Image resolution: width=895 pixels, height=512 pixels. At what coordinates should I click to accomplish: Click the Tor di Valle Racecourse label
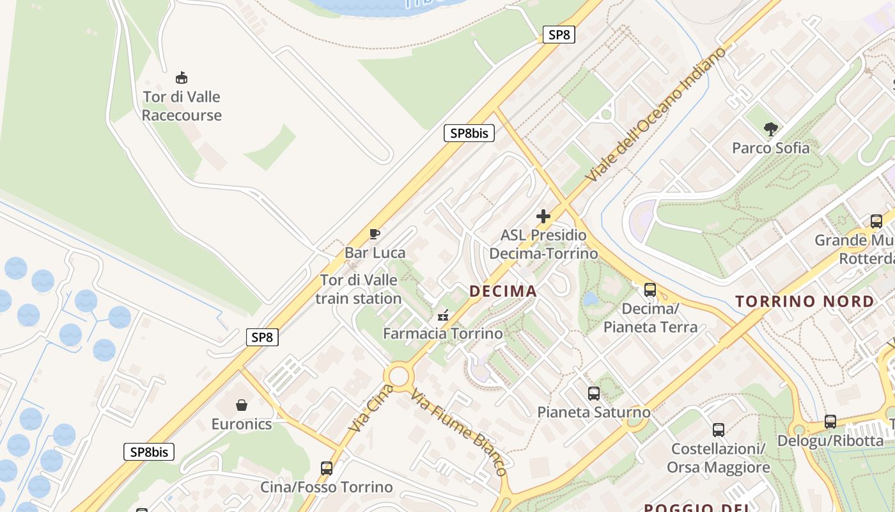pyautogui.click(x=182, y=106)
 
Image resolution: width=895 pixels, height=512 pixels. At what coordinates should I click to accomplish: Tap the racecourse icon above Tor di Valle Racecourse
pyautogui.click(x=182, y=78)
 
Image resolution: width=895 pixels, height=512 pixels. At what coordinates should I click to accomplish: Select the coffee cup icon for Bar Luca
pyautogui.click(x=375, y=234)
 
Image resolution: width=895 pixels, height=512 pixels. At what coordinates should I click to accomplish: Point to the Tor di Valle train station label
pyautogui.click(x=359, y=289)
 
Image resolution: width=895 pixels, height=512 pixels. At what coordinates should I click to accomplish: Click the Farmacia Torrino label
pyautogui.click(x=442, y=333)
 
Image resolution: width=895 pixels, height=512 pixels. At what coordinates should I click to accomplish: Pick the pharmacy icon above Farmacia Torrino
pyautogui.click(x=442, y=315)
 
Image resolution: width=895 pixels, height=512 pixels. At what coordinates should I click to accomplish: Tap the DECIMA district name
pyautogui.click(x=503, y=291)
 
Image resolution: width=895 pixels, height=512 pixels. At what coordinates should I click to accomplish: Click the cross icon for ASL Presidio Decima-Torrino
pyautogui.click(x=543, y=216)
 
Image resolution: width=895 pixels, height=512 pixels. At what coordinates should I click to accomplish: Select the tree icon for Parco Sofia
pyautogui.click(x=770, y=129)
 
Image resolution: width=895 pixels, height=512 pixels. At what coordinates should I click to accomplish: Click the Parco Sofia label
pyautogui.click(x=770, y=148)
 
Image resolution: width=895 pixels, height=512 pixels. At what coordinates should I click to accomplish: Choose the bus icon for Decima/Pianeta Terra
pyautogui.click(x=650, y=290)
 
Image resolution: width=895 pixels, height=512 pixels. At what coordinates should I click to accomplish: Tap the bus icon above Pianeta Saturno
pyautogui.click(x=594, y=394)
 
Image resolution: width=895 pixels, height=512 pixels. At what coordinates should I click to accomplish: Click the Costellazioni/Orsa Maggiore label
pyautogui.click(x=718, y=458)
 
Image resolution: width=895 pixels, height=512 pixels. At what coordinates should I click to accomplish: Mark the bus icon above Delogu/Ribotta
pyautogui.click(x=830, y=422)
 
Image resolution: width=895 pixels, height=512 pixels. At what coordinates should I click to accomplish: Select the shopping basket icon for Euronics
pyautogui.click(x=242, y=405)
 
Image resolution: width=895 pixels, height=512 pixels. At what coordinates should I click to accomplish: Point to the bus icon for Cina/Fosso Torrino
pyautogui.click(x=327, y=468)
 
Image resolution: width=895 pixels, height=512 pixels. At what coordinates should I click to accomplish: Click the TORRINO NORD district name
pyautogui.click(x=804, y=301)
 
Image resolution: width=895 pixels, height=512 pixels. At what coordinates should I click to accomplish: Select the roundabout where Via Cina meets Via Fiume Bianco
pyautogui.click(x=398, y=376)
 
